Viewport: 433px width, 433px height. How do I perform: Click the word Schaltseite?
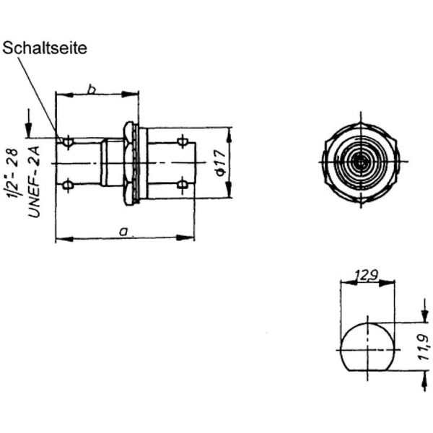click(x=45, y=48)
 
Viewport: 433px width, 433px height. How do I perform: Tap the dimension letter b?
click(x=92, y=89)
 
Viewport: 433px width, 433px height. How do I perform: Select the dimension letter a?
click(x=123, y=232)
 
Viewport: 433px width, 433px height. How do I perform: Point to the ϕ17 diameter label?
click(x=221, y=162)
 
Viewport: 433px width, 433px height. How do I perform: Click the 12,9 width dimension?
click(x=366, y=276)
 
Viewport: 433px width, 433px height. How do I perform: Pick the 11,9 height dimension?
click(x=424, y=347)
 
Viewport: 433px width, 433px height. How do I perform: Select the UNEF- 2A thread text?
click(x=34, y=182)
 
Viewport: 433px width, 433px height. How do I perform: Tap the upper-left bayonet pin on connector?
click(x=67, y=142)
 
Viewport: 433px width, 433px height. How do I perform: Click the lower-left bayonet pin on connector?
click(x=67, y=185)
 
